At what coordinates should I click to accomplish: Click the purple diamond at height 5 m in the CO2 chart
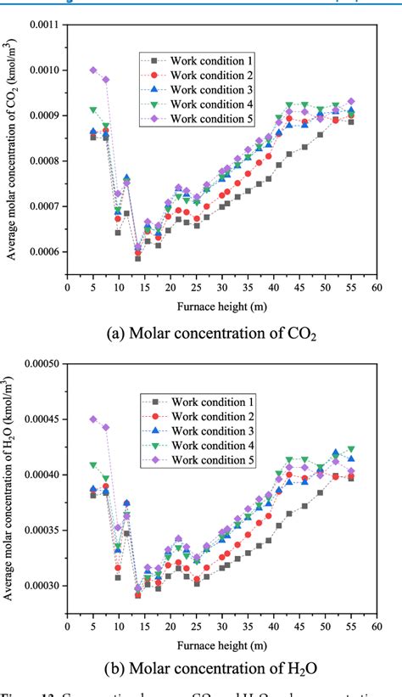[93, 70]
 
